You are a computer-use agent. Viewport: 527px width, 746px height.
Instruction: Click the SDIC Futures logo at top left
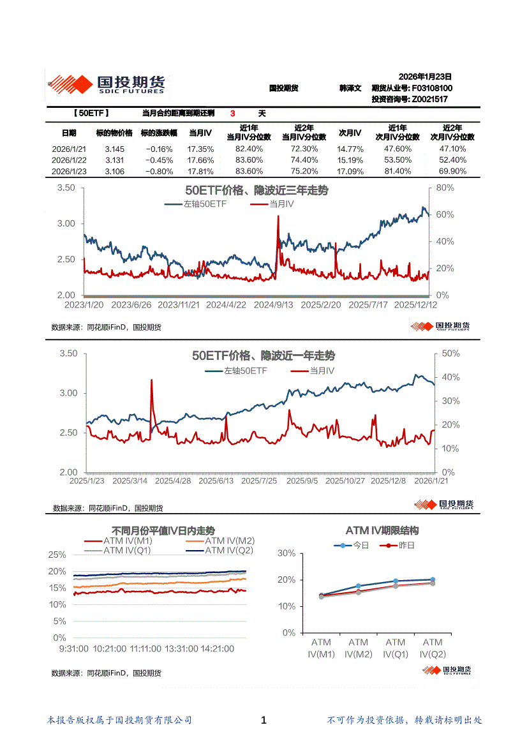coord(107,84)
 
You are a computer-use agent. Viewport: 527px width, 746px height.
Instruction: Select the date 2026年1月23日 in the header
coord(425,76)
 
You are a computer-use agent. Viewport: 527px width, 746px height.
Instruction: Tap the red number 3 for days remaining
coord(233,114)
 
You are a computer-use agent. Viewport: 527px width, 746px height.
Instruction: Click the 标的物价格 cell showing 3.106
coord(114,171)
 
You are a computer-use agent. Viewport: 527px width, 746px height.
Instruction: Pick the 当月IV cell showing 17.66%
coord(201,160)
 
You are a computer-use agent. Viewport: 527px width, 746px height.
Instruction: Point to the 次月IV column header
coord(349,133)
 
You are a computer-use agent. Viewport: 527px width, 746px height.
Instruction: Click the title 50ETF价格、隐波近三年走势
coord(256,191)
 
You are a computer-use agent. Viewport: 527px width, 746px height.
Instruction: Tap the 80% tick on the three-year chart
coord(445,188)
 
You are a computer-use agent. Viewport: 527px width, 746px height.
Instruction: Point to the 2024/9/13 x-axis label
coord(273,305)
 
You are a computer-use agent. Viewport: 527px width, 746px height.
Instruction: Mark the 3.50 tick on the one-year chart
coord(68,354)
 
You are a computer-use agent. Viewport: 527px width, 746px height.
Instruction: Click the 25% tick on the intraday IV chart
coord(57,555)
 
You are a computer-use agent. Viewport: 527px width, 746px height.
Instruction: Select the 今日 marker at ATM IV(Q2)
coord(432,579)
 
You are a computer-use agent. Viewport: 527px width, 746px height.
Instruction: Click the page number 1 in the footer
coord(263,720)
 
